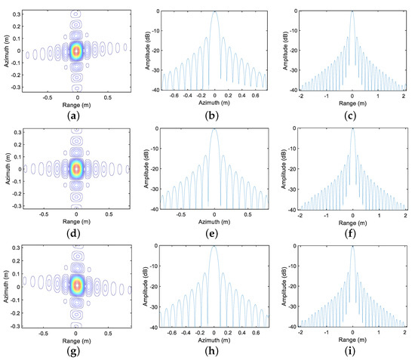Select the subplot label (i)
(352, 348)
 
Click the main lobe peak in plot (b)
(215, 12)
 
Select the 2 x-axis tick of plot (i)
(404, 331)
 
